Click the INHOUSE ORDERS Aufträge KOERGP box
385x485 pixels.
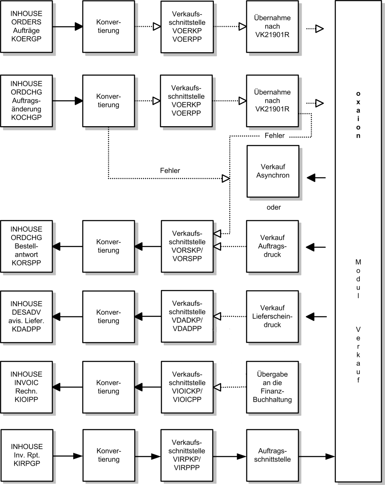26,27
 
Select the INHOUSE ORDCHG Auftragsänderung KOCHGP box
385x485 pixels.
26,101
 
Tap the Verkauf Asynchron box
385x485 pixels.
273,172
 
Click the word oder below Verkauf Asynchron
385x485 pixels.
274,207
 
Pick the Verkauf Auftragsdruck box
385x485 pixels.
272,246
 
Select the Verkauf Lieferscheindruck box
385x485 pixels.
272,316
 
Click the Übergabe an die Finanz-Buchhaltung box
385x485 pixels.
272,387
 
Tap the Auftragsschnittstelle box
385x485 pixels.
272,455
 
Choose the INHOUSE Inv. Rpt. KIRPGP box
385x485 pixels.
27,455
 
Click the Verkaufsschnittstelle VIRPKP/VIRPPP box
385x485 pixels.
187,455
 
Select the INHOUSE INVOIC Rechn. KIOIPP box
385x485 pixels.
26,387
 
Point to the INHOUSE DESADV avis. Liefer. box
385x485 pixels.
26,317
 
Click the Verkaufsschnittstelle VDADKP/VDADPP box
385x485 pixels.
187,316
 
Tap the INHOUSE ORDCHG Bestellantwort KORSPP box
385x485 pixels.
26,246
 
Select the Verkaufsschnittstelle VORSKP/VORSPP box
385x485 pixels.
187,246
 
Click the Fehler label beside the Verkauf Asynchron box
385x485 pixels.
275,136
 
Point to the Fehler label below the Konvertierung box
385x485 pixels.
170,170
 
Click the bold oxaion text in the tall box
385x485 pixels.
358,115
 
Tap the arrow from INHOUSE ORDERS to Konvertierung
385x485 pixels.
68,27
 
